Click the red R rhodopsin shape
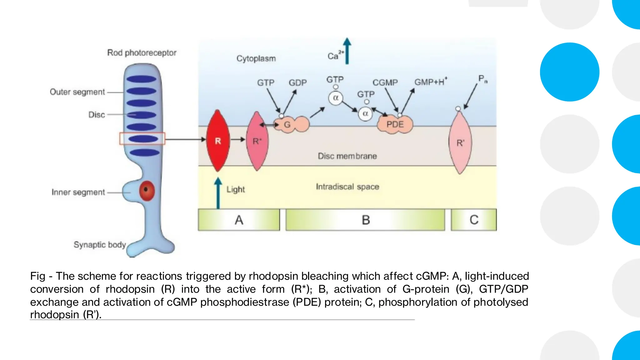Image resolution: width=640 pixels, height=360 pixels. (218, 141)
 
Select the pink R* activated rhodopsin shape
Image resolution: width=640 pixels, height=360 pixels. (257, 142)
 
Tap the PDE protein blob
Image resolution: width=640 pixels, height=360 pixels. (395, 124)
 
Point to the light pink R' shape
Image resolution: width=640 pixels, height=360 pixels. (460, 143)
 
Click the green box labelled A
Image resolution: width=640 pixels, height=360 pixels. (239, 220)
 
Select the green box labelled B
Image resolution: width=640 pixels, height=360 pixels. (365, 220)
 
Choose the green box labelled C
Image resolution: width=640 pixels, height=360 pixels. (474, 220)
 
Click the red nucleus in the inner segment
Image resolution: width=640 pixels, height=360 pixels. (147, 190)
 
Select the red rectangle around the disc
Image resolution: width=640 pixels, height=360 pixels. (142, 138)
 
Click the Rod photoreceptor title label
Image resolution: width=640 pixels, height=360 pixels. (142, 53)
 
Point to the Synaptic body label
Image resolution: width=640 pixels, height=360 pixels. (99, 245)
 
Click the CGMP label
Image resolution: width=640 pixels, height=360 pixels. (385, 83)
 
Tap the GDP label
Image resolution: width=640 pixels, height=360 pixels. (297, 83)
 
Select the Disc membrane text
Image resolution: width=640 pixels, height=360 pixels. (347, 156)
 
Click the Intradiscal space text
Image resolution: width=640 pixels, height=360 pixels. (347, 187)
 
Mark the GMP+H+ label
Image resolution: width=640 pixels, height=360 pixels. (431, 82)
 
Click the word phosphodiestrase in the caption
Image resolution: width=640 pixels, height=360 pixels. (244, 302)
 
